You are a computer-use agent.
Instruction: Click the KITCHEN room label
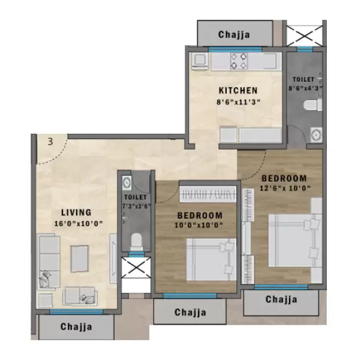tap(238, 91)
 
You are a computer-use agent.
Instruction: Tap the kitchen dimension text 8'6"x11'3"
tap(238, 103)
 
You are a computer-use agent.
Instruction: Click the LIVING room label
tap(76, 212)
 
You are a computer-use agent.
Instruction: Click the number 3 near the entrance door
tap(51, 142)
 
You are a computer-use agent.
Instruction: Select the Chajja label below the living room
tap(76, 327)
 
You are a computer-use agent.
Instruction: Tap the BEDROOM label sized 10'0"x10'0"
tap(200, 215)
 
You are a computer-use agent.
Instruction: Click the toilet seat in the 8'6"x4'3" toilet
tap(312, 106)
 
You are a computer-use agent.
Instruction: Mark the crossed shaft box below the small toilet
tap(136, 268)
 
